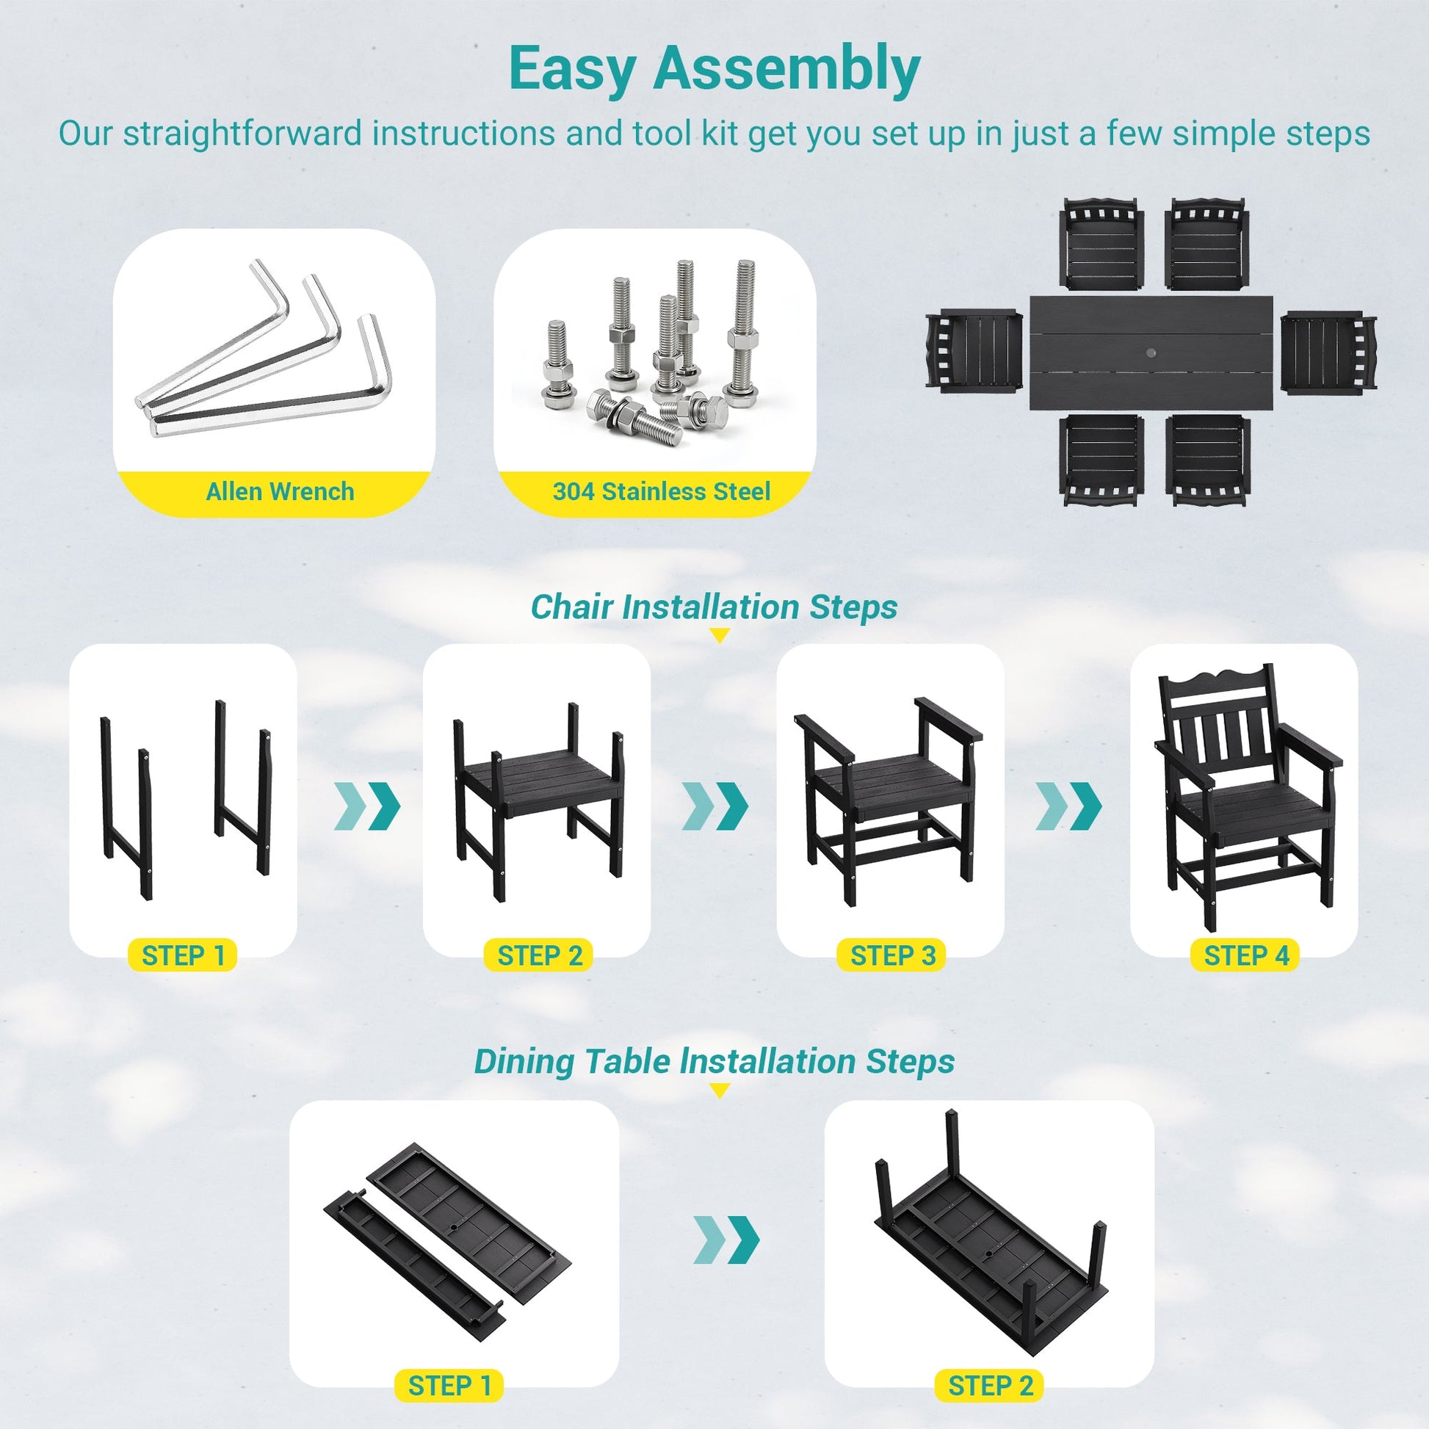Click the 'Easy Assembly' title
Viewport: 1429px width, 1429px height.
[714, 68]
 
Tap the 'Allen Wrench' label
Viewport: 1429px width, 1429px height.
[280, 492]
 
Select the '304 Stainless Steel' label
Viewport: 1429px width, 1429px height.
[661, 492]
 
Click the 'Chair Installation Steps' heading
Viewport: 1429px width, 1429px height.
[714, 607]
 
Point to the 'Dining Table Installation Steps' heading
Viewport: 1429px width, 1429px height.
[714, 1061]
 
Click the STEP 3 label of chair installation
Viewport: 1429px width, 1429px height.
[893, 955]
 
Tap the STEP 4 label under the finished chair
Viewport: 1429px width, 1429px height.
[1246, 955]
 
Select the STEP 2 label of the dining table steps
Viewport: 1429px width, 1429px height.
[991, 1386]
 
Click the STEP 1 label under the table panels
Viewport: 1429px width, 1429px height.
[449, 1386]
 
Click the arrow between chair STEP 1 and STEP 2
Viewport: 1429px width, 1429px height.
[368, 805]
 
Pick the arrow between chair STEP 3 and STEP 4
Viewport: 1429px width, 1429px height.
[1068, 805]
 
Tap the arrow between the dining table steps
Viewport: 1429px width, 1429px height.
[726, 1240]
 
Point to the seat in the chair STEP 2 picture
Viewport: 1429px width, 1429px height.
[538, 789]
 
